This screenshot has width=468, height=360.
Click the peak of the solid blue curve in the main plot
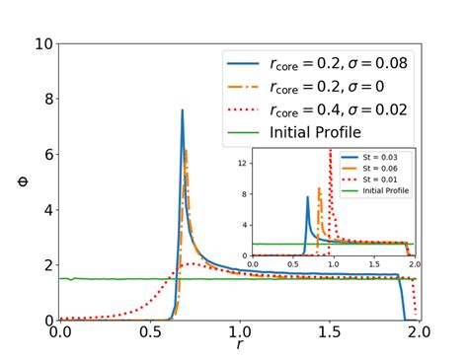[x=183, y=110]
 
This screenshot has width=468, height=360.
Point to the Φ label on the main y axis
[x=22, y=182]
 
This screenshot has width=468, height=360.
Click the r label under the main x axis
[x=240, y=345]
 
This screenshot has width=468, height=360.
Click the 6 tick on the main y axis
[x=46, y=155]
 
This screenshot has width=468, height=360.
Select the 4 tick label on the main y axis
[x=46, y=210]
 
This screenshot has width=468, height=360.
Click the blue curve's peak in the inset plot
[x=307, y=197]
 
